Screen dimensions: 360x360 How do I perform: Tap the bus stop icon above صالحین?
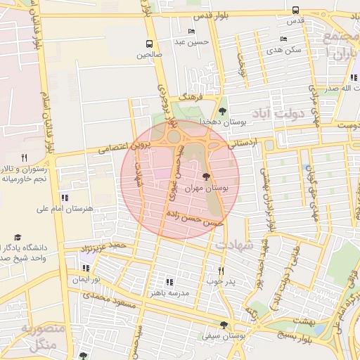coord(149,44)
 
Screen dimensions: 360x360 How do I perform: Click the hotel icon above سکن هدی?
coord(283,39)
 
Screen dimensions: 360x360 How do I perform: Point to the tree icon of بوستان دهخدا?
coord(223,111)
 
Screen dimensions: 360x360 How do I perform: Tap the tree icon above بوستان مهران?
coord(206,177)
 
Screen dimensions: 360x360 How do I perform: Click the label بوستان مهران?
coord(206,188)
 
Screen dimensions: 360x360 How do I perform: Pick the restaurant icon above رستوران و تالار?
coord(24,157)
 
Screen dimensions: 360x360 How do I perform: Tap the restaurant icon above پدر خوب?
coord(221,271)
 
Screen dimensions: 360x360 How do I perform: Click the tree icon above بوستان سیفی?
coord(224,325)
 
